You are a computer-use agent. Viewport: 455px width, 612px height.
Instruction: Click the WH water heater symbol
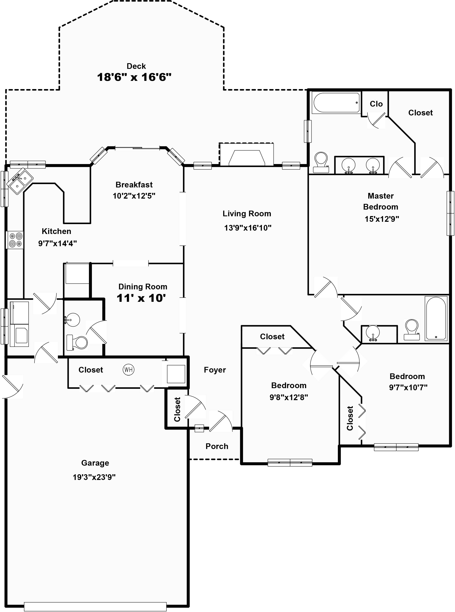(128, 370)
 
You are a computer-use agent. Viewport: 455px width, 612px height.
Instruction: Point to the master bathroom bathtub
(336, 103)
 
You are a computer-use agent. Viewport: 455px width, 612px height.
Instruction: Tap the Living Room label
(247, 214)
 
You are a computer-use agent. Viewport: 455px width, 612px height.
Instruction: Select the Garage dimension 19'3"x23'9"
(94, 477)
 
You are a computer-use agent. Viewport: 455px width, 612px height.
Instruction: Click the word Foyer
(215, 370)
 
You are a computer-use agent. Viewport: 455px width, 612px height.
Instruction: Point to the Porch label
(217, 446)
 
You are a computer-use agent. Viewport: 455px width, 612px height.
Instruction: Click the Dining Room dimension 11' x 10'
(141, 298)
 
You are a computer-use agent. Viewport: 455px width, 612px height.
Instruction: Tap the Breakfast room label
(134, 185)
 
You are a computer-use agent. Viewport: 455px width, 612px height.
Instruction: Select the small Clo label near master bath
(376, 104)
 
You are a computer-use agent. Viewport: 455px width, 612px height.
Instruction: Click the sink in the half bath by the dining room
(72, 320)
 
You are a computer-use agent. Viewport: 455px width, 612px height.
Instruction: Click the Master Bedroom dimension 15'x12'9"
(382, 219)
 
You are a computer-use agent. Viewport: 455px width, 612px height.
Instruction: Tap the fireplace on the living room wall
(247, 154)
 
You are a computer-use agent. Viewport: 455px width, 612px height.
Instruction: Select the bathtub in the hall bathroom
(436, 318)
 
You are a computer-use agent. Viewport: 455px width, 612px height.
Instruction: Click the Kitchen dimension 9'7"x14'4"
(58, 243)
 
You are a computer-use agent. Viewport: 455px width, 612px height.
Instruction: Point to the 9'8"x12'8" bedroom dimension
(289, 397)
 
